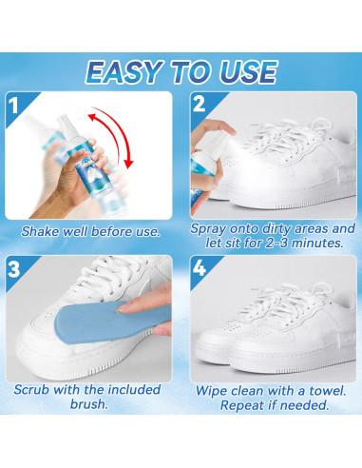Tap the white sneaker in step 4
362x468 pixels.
[276, 328]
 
